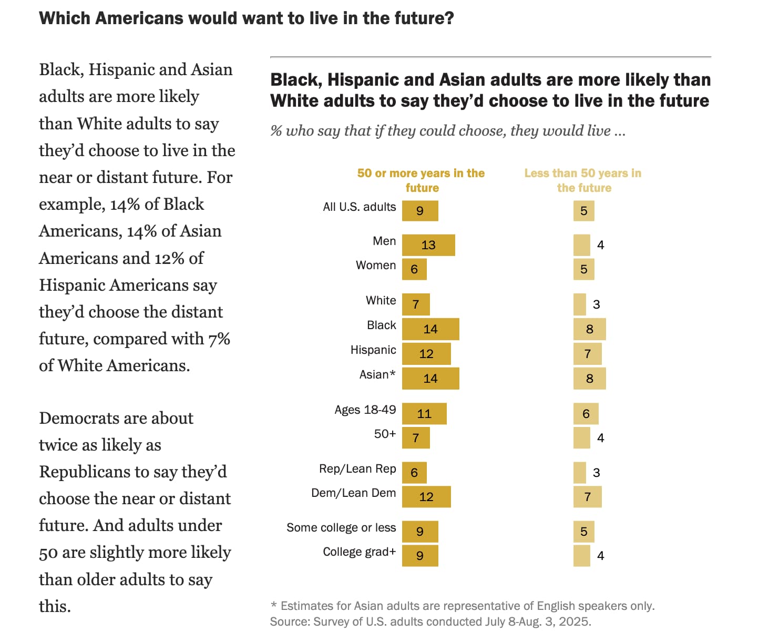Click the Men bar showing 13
428,245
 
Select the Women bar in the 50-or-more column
414,269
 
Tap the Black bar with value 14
430,329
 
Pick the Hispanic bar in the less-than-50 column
587,354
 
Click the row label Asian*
377,375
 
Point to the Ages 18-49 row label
365,410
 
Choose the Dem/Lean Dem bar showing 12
426,497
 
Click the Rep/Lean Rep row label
357,469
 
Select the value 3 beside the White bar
596,304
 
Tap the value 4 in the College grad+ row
601,556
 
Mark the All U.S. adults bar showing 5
583,211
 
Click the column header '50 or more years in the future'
421,180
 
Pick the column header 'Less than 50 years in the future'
583,180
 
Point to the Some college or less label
341,528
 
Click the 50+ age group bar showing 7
416,438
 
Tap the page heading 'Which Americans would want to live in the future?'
247,18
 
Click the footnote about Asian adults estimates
463,606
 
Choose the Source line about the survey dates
430,621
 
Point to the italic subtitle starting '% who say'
448,131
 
